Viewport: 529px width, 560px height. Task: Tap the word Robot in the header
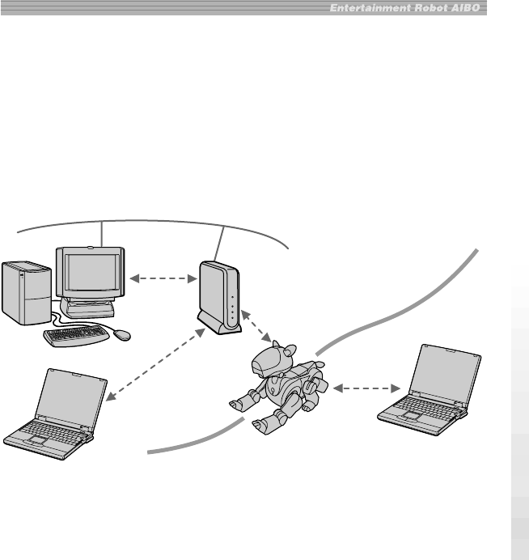click(x=424, y=8)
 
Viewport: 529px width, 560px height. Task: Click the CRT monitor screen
click(x=91, y=276)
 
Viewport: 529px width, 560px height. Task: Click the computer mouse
click(x=121, y=333)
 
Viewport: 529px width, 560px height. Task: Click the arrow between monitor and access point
click(x=163, y=280)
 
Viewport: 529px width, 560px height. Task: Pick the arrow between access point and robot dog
click(x=257, y=322)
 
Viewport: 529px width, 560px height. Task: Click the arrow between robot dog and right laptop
click(x=362, y=389)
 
